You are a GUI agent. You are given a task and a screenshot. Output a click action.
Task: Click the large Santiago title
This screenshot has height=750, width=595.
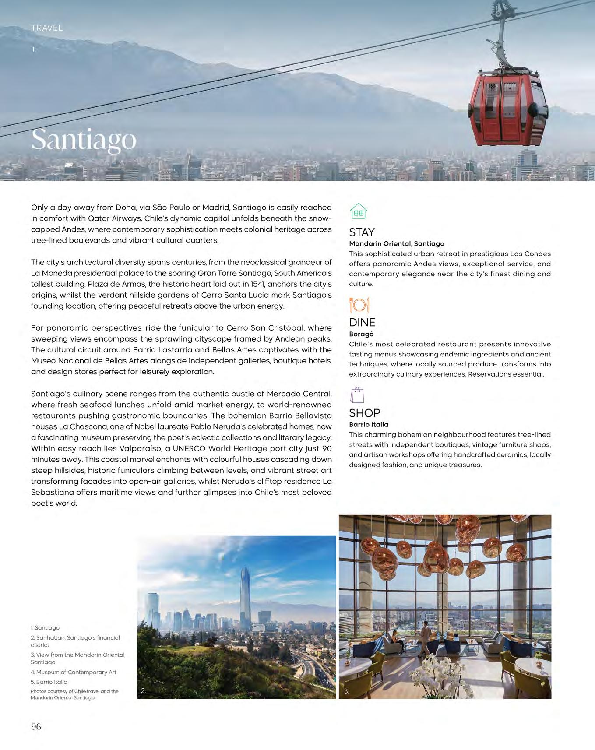[x=84, y=140]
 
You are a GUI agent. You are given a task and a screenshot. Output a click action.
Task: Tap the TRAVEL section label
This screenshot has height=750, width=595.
[x=47, y=28]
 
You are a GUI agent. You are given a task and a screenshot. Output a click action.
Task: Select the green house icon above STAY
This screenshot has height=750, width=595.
[x=358, y=211]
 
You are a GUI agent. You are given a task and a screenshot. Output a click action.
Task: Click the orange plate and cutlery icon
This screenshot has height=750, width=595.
[x=359, y=304]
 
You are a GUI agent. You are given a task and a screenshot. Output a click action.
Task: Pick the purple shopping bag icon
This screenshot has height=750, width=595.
[x=357, y=395]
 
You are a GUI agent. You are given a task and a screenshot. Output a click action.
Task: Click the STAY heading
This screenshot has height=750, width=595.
[x=362, y=232]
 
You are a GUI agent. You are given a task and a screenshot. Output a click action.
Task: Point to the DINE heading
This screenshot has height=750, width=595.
[x=362, y=323]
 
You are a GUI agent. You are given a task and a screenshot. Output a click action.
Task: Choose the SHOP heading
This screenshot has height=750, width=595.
[x=364, y=413]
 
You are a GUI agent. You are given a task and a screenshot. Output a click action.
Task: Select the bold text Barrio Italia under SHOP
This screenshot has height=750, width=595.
[x=369, y=424]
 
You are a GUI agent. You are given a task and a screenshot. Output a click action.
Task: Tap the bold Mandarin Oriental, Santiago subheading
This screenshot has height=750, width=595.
[x=396, y=243]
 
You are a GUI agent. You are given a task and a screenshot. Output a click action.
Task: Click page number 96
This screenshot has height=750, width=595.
[x=36, y=726]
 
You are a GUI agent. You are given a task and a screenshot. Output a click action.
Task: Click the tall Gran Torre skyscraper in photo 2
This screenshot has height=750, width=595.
[x=245, y=600]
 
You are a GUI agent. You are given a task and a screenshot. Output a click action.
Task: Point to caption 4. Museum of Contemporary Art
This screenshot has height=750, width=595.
[x=74, y=672]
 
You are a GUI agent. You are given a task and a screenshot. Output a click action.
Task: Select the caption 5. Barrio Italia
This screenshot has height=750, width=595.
[x=49, y=682]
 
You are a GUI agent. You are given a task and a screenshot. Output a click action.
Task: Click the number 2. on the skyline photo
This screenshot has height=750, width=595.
[x=143, y=691]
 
